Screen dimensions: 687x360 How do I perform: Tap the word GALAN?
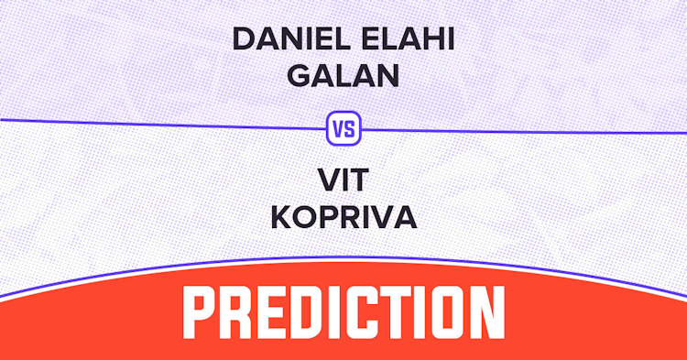point(343,75)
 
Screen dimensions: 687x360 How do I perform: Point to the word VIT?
point(343,180)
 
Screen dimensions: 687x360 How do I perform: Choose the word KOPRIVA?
point(343,217)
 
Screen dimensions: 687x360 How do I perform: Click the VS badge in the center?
point(343,128)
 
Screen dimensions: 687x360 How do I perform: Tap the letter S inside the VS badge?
point(349,129)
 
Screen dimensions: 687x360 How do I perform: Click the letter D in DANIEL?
point(244,39)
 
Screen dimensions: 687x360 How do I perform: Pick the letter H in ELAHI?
point(431,39)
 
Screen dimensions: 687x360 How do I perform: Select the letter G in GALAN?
point(299,75)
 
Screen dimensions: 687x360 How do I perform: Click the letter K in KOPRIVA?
point(282,217)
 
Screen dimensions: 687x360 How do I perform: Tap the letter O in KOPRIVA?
point(306,217)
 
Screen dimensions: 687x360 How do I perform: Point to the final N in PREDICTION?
point(486,311)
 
